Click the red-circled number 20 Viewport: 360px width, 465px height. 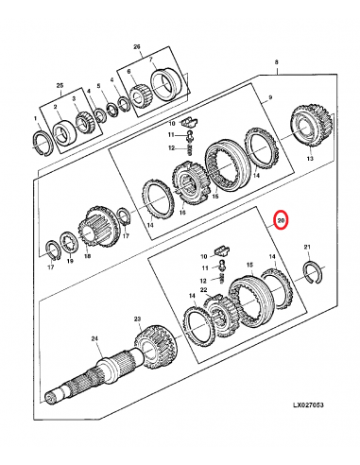click(282, 222)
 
